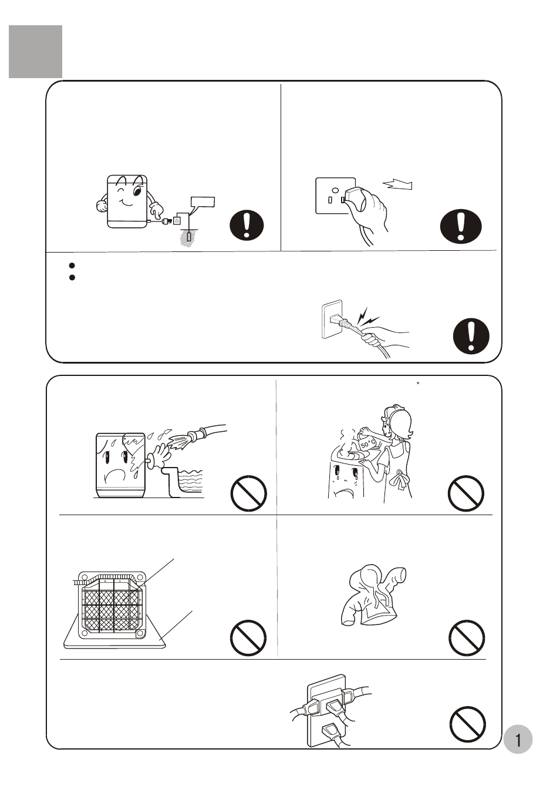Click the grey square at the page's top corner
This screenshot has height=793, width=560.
(x=35, y=51)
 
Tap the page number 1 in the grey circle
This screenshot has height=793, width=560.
(x=518, y=740)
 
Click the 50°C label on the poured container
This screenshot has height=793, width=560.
(x=368, y=443)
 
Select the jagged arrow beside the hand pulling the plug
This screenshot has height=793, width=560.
(x=397, y=184)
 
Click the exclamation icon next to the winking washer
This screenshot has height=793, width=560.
(x=247, y=225)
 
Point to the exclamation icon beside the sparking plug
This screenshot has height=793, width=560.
(x=471, y=336)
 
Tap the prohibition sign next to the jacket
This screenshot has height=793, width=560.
(x=467, y=637)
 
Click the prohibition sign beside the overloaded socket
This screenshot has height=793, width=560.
(x=468, y=724)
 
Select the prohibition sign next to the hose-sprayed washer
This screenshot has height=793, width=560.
(x=248, y=493)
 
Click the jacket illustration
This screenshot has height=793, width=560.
(x=373, y=595)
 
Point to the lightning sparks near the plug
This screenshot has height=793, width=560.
(x=367, y=317)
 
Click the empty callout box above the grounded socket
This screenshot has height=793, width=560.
(x=203, y=202)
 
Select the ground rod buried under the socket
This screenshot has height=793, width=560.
(x=189, y=236)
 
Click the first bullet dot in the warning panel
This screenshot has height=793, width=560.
(x=72, y=265)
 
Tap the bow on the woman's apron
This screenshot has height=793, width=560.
(x=400, y=478)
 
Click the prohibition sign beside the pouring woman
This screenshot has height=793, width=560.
(x=466, y=493)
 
